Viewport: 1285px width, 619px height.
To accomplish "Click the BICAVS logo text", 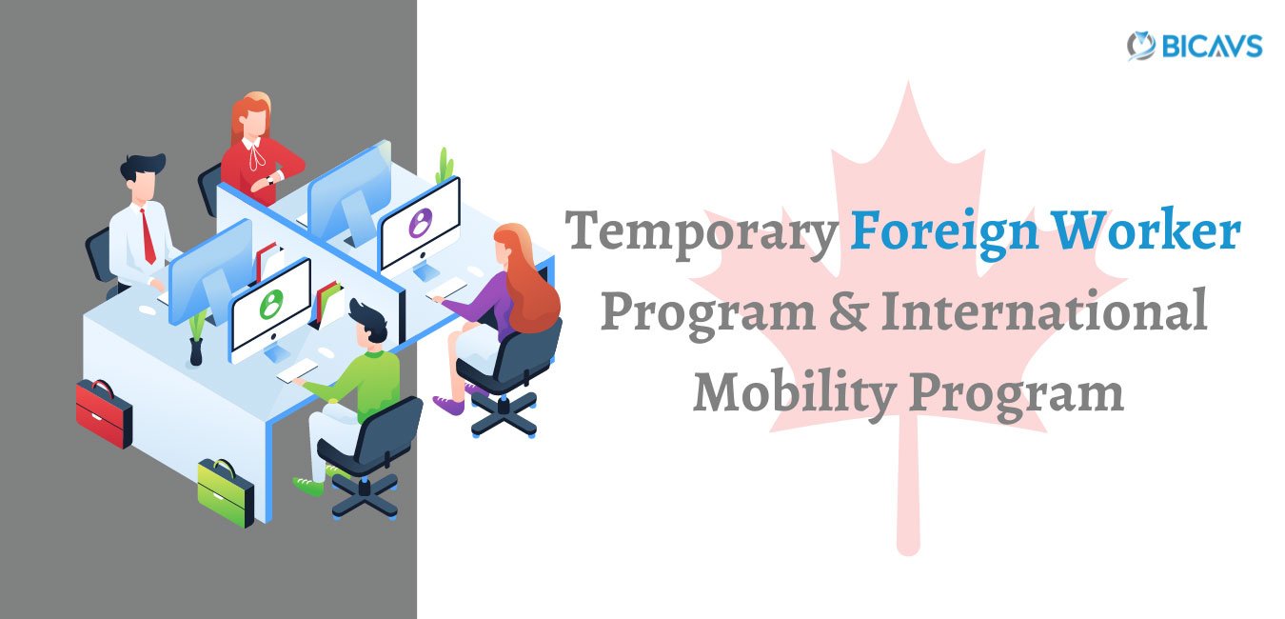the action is point(1212,46).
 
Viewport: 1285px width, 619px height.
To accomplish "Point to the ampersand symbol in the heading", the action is point(848,311).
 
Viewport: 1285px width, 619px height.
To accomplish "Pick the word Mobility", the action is point(795,394).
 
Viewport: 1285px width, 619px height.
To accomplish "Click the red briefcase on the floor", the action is point(104,413).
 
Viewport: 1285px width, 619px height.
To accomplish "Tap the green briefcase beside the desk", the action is point(226,492).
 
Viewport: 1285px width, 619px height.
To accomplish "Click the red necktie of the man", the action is point(148,237).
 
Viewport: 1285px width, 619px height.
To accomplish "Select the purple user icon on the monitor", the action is point(421,223).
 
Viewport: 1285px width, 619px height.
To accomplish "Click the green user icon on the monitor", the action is point(271,304).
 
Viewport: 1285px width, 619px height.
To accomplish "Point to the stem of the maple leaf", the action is point(908,493).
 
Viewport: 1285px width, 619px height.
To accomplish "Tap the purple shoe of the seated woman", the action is point(448,405).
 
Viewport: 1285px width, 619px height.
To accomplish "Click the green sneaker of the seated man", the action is point(308,487).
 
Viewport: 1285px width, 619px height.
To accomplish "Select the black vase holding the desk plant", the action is point(196,351).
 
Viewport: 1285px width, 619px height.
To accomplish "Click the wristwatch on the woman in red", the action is point(270,180).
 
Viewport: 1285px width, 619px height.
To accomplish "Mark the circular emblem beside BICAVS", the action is point(1141,46).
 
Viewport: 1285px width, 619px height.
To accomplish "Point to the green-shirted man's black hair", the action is point(367,321).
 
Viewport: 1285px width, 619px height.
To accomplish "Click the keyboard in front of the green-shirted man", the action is point(297,370).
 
